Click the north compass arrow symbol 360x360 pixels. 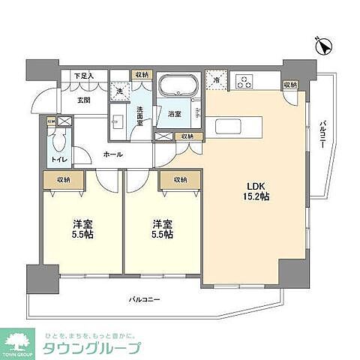point(325,46)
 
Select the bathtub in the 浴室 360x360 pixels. point(178,84)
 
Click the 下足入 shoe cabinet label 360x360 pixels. point(83,76)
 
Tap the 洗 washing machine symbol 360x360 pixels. point(118,90)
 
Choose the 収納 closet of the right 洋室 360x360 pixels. point(179,180)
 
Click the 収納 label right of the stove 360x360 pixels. point(290,84)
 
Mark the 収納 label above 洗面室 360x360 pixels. point(141,75)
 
